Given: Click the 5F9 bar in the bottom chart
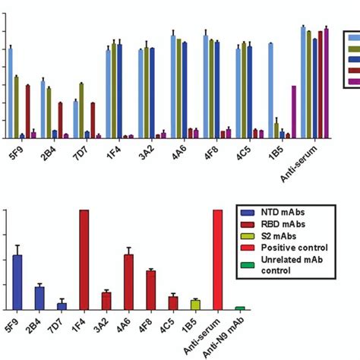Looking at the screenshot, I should coord(17,282).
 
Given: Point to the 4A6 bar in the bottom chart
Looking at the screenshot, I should coord(128,282).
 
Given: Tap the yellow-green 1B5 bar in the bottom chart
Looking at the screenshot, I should coord(195,305).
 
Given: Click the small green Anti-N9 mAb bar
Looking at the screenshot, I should coord(240,308).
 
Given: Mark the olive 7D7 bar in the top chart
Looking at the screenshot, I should coord(81,111).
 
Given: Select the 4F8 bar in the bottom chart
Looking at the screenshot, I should coord(150,289).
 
